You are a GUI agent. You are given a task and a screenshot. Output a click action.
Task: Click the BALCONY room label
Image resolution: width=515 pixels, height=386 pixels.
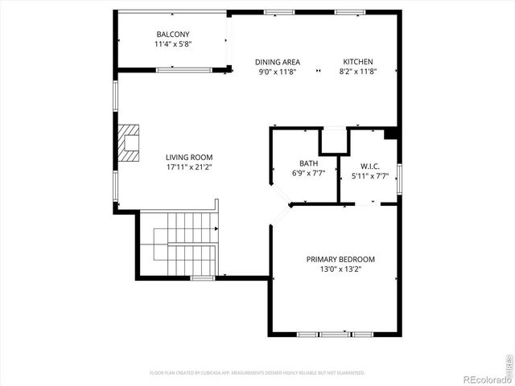click(173, 34)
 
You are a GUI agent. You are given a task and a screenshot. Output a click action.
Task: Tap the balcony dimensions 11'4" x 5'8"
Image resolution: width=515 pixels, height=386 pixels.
click(173, 44)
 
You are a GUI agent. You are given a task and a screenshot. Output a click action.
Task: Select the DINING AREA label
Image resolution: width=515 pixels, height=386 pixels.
click(278, 62)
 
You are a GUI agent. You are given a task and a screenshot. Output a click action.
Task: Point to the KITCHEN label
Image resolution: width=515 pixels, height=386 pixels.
click(358, 62)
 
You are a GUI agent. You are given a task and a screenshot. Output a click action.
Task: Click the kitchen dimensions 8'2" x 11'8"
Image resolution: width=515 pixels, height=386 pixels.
click(358, 72)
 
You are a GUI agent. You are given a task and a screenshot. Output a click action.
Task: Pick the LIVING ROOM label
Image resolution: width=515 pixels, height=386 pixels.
click(189, 158)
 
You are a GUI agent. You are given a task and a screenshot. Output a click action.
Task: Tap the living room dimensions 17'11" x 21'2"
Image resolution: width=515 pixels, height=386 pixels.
click(189, 168)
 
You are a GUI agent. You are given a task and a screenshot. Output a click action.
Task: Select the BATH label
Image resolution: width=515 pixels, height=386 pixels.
click(309, 163)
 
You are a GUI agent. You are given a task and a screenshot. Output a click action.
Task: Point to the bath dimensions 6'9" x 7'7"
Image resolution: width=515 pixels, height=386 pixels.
click(309, 174)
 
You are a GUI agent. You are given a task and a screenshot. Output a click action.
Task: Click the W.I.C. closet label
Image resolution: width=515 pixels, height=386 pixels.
click(370, 166)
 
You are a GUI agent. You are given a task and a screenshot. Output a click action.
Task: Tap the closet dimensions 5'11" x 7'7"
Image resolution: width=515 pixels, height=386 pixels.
click(370, 177)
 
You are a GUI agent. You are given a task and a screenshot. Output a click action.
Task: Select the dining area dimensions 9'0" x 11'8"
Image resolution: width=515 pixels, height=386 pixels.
click(278, 72)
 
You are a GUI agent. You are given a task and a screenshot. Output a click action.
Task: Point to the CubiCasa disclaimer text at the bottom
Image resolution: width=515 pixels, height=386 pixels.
click(257, 373)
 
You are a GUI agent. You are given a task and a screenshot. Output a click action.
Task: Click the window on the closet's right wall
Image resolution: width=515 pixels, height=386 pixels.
click(399, 178)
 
